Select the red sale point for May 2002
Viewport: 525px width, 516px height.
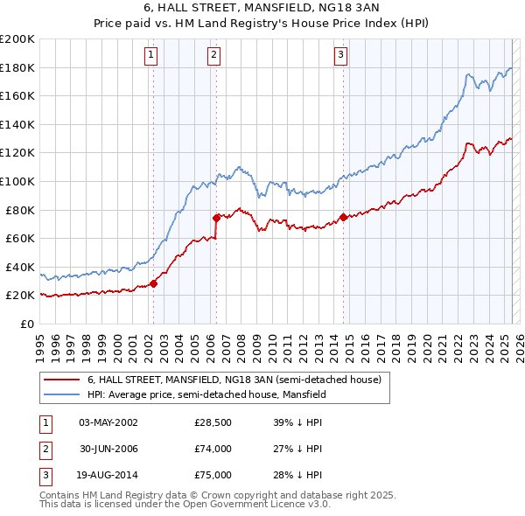pos(153,283)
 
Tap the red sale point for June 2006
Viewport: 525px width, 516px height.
pos(216,218)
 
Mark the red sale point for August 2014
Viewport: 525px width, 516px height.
pos(343,217)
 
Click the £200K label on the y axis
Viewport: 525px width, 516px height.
pos(17,39)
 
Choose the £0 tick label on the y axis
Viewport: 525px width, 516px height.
pos(26,324)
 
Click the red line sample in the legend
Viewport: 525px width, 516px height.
pos(61,380)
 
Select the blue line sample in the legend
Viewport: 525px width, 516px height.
pos(61,394)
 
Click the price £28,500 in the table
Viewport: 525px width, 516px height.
pos(213,422)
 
